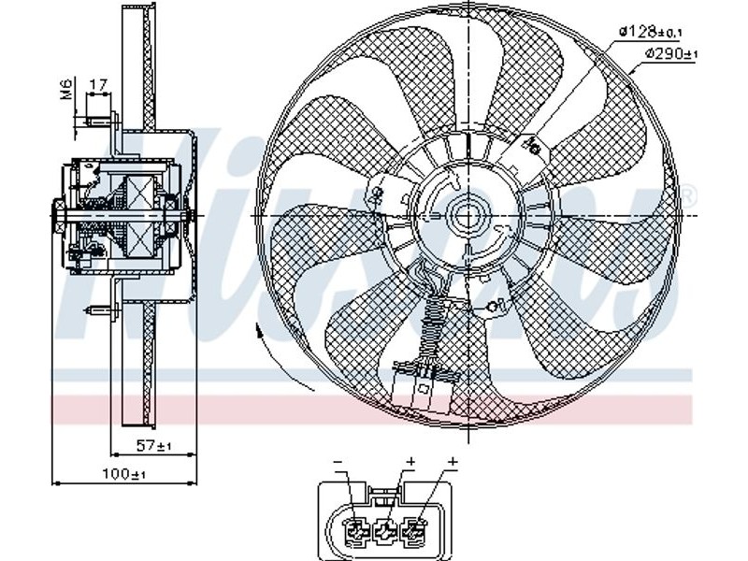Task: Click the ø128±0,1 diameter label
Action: click(651, 32)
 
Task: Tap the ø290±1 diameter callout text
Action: click(671, 53)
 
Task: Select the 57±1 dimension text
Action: click(153, 446)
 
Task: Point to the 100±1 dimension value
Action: click(123, 474)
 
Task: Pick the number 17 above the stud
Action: click(98, 85)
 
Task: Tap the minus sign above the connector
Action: click(338, 462)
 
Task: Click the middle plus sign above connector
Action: click(410, 461)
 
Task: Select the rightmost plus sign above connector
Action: click(453, 461)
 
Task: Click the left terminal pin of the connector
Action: click(356, 529)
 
